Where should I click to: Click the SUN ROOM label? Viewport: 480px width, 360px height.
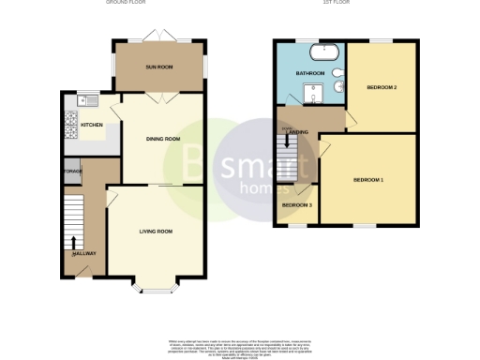coord(157,67)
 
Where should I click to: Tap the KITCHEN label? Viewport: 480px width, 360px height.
coord(92,125)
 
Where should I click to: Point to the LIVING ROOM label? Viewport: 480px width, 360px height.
coord(156,231)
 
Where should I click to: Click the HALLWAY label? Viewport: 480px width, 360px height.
coord(84,254)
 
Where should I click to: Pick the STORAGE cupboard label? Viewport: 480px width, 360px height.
coord(72,172)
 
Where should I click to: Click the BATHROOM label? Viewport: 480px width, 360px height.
coord(309,72)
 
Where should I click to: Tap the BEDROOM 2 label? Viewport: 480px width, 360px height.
coord(382,87)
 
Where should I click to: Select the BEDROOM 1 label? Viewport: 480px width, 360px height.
coord(367,179)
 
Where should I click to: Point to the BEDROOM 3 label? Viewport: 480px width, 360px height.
coord(297,205)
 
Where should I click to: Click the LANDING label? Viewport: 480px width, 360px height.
coord(298,134)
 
